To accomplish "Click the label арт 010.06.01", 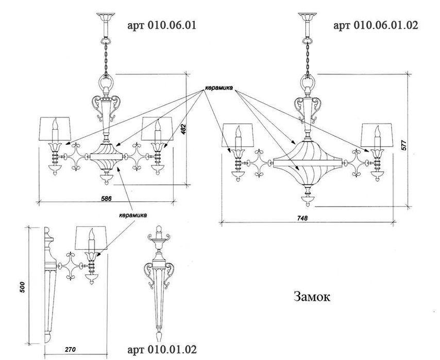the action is coord(162,25).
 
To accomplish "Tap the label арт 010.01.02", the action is coord(162,350).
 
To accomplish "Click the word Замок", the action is coord(312,296).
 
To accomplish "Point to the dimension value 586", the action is coord(106,198).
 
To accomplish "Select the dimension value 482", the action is coord(183,129).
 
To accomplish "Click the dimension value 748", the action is coord(302,218).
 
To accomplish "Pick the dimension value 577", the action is coord(404,145).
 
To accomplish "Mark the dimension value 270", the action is coord(70,350).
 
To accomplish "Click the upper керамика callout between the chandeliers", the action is coord(219,88).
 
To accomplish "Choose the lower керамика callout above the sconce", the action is coord(133,215).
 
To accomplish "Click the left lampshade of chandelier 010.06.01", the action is coord(55,129).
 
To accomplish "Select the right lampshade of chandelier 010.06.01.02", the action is coord(377,135).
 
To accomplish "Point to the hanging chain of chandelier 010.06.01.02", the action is coord(308,58).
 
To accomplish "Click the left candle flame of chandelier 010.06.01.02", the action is coord(238,131).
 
